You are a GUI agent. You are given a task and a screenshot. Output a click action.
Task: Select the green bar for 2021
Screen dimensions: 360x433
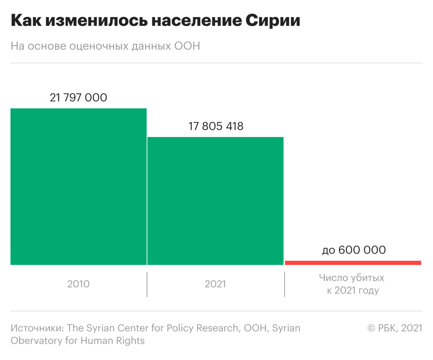click(215, 201)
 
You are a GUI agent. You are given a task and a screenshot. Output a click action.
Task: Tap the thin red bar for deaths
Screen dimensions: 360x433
click(353, 262)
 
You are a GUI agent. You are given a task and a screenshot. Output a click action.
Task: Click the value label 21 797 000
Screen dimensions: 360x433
click(79, 98)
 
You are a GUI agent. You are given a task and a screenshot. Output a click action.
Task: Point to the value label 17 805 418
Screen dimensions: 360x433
click(216, 126)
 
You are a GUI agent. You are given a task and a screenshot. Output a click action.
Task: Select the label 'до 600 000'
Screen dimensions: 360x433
click(354, 250)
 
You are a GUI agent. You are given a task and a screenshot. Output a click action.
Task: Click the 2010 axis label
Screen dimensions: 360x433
click(79, 284)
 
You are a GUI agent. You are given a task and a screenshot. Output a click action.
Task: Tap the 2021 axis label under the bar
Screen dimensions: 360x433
click(215, 284)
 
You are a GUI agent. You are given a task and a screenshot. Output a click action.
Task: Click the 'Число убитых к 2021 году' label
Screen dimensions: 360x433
click(352, 284)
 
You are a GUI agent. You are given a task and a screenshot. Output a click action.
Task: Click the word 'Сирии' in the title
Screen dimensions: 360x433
click(273, 21)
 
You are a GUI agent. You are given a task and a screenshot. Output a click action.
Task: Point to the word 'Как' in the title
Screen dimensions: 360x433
click(25, 21)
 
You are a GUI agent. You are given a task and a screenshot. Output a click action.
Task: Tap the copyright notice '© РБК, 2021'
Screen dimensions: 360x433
click(395, 328)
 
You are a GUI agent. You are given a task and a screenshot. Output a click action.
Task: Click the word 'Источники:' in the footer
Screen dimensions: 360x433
click(37, 328)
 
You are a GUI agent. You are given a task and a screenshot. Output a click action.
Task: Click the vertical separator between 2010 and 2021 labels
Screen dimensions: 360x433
click(147, 285)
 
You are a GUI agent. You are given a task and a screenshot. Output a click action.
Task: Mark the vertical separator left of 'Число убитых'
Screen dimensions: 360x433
click(285, 285)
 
